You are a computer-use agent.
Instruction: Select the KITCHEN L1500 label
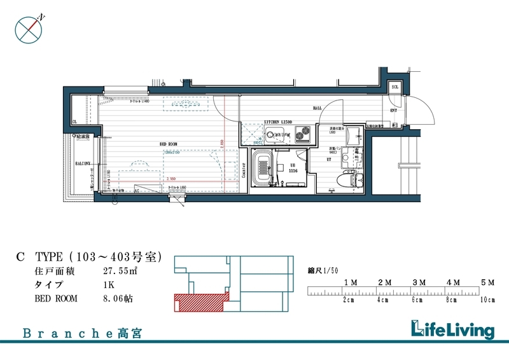pos(279,121)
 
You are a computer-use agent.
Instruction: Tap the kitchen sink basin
pos(274,134)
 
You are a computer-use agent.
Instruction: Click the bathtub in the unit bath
pos(262,170)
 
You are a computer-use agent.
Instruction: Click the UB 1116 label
pos(294,169)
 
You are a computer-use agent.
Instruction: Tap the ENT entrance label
pos(394,110)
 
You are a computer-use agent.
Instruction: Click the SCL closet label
pos(394,87)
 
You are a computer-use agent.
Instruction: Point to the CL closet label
pos(74,121)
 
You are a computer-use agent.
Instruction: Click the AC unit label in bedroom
pos(137,190)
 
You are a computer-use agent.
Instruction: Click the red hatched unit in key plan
pos(199,303)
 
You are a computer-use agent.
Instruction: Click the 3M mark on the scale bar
pos(419,281)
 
